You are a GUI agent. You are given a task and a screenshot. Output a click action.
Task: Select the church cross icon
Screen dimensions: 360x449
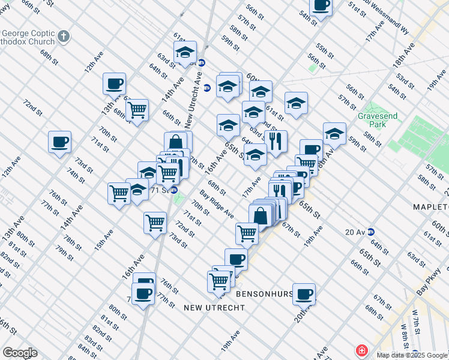[64, 37]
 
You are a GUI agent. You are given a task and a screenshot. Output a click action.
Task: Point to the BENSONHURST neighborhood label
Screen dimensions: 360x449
[264, 294]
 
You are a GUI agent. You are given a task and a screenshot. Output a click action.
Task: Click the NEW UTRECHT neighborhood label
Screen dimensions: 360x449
[214, 307]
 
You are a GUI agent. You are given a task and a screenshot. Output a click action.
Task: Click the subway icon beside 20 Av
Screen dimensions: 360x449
[371, 232]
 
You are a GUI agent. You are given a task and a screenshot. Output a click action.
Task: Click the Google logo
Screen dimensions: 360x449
[20, 353]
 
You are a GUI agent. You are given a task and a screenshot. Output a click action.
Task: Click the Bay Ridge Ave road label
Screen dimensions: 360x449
[217, 204]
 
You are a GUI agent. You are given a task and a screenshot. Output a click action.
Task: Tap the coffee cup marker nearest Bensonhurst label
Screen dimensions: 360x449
[304, 293]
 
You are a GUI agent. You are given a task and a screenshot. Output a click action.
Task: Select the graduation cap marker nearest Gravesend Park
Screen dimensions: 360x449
[334, 133]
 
